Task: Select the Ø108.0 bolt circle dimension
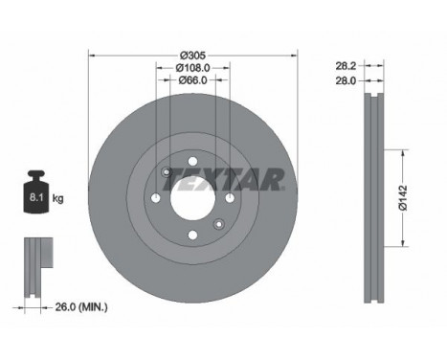[193, 67]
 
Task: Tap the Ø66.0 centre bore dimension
[193, 81]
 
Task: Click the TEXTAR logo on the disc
[241, 179]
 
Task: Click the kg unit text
[58, 199]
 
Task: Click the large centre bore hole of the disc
[192, 198]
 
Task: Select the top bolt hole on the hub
[192, 160]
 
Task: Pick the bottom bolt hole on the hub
[192, 236]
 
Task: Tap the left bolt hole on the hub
[155, 198]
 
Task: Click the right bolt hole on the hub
[230, 198]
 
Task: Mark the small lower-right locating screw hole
[219, 224]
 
